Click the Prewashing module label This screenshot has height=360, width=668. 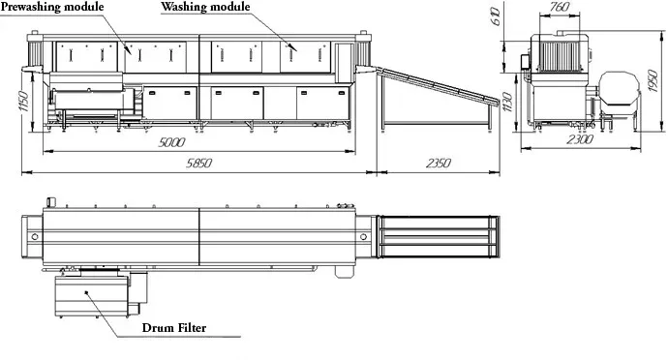tap(52, 7)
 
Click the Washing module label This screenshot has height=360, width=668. tap(205, 7)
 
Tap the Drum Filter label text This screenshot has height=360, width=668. tap(174, 328)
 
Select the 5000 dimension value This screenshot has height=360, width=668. tap(171, 142)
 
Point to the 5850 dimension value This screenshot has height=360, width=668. tap(198, 164)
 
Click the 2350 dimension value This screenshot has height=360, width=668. tap(438, 164)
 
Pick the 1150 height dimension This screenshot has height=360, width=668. tap(24, 102)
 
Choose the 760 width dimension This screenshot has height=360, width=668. tap(559, 7)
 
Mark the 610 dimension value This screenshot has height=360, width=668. tap(496, 16)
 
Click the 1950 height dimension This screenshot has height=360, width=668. tap(653, 81)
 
